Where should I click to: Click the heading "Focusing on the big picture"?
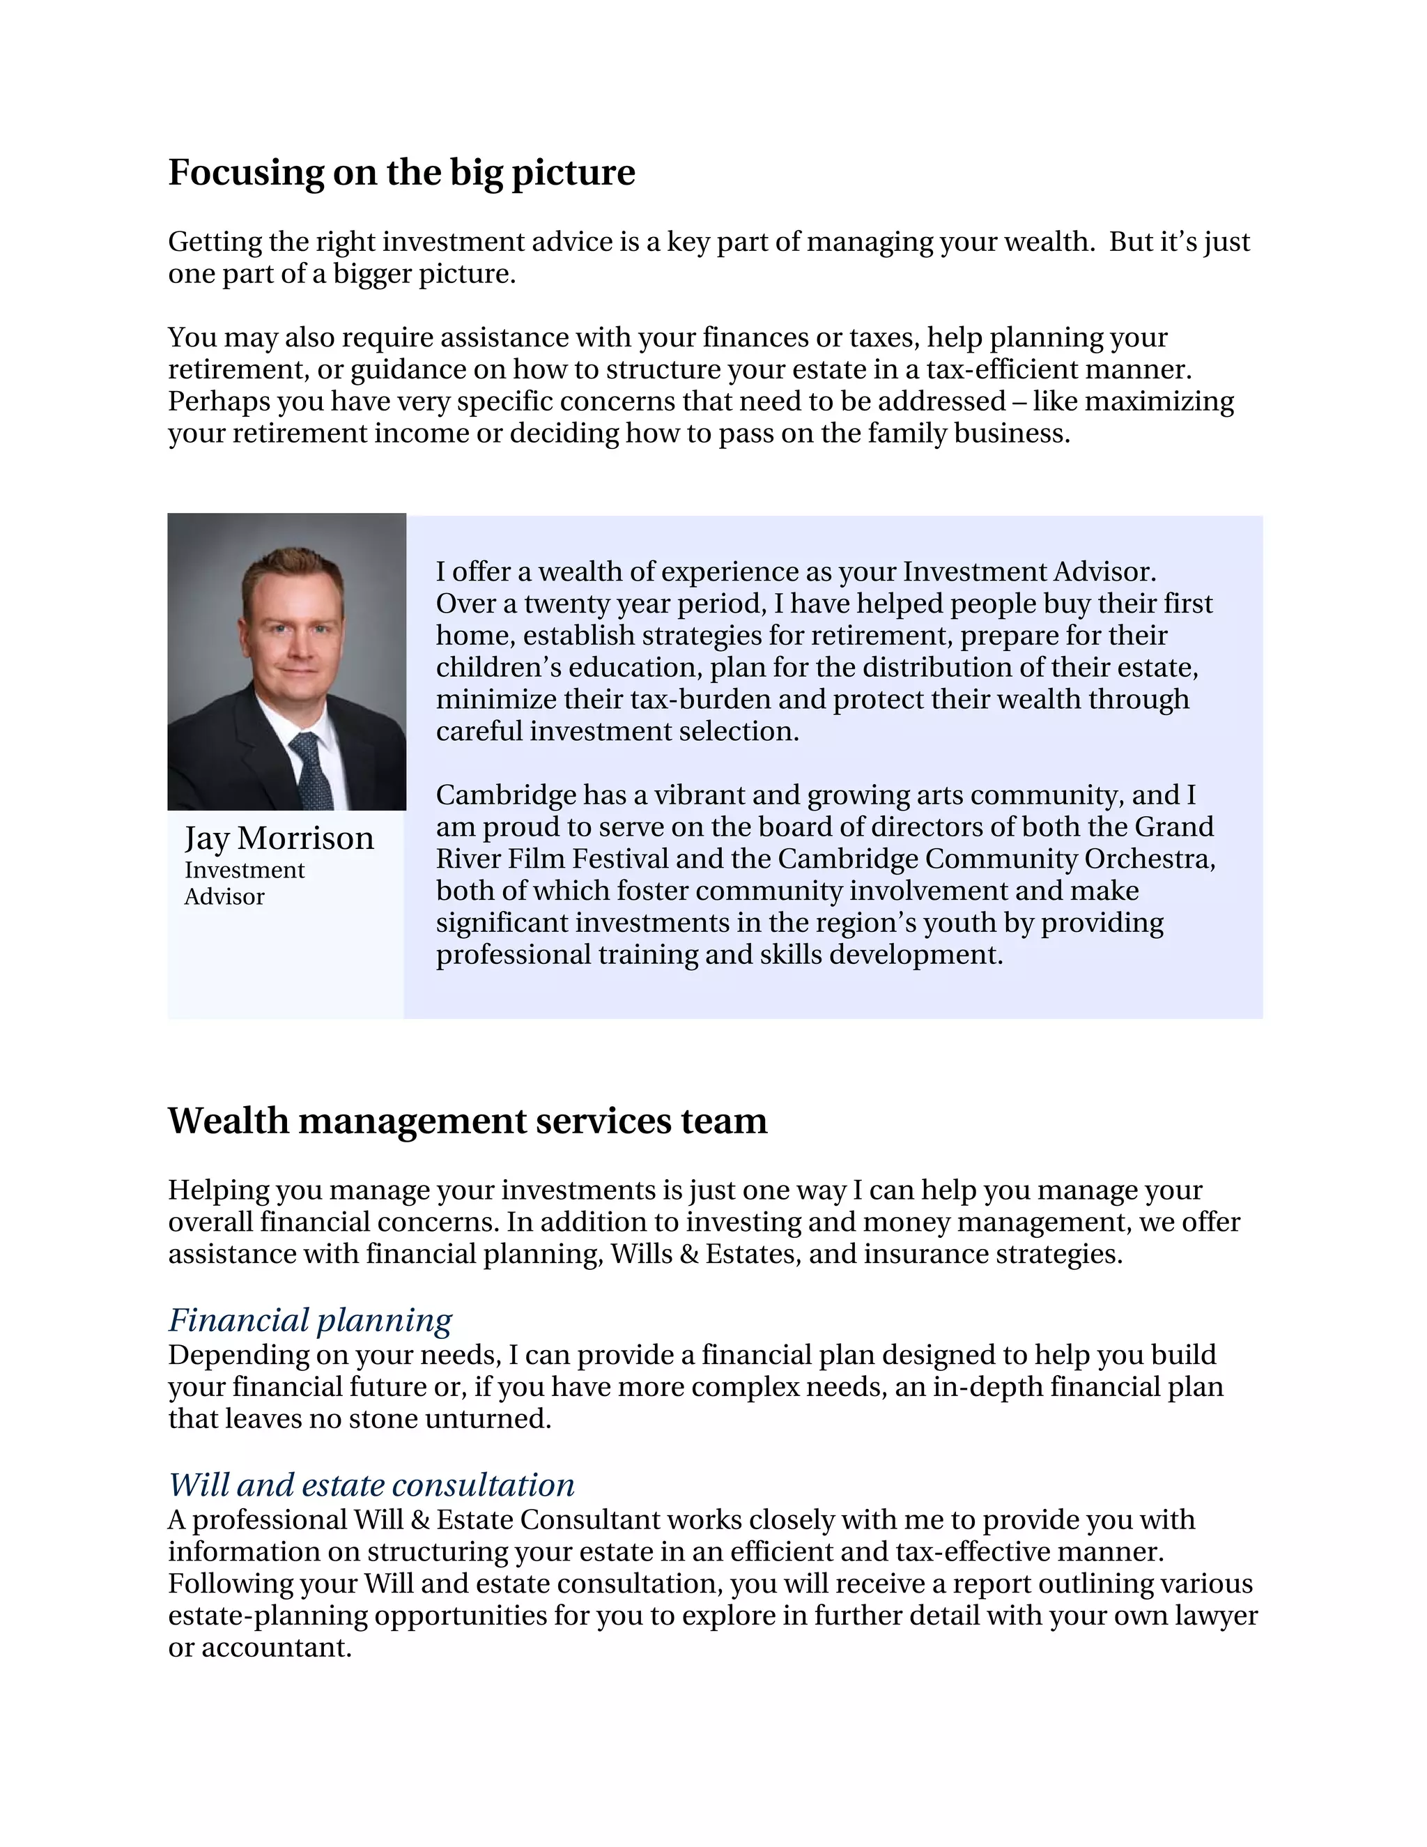click(401, 173)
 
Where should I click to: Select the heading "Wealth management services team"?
click(468, 1121)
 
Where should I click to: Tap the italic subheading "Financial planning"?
click(309, 1320)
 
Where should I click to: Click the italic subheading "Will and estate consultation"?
click(371, 1485)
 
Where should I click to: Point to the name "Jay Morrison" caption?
click(279, 838)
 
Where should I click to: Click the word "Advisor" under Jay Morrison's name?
click(224, 897)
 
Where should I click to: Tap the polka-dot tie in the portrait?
click(313, 769)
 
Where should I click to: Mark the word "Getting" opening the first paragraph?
click(215, 242)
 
